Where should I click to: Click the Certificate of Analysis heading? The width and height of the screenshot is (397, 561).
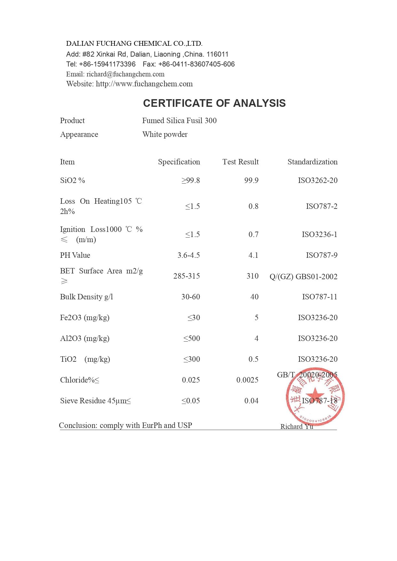click(214, 103)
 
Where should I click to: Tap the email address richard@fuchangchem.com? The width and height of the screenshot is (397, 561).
click(125, 74)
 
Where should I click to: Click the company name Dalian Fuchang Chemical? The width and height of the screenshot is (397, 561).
click(134, 43)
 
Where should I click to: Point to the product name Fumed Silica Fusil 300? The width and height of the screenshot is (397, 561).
click(179, 121)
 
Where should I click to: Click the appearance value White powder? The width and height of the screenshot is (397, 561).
click(165, 134)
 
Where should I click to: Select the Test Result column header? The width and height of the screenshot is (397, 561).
click(240, 162)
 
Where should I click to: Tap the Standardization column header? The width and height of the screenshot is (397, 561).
click(312, 162)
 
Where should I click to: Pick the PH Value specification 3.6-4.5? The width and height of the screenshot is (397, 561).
click(188, 255)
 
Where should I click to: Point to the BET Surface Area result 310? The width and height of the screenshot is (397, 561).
click(252, 276)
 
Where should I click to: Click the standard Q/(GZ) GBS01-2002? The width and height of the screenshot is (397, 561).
click(303, 277)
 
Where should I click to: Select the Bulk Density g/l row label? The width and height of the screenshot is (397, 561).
click(86, 297)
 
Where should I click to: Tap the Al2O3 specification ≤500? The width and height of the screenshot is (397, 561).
click(191, 338)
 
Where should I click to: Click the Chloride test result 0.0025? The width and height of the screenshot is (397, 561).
click(247, 380)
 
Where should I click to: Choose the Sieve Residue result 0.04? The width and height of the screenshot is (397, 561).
click(251, 401)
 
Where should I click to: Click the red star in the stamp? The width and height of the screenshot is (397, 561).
click(315, 395)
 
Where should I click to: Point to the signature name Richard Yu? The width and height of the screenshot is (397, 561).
click(297, 427)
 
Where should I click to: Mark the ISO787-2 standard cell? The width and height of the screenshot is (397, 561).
click(322, 206)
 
